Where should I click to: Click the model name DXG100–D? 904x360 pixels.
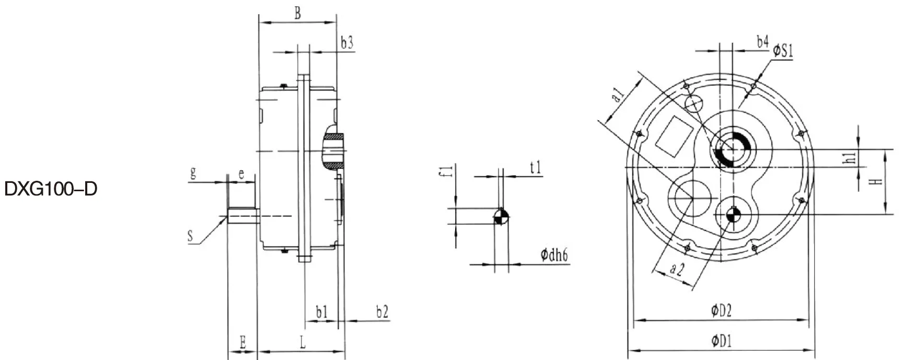pyautogui.click(x=51, y=190)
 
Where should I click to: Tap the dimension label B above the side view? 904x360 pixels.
pyautogui.click(x=297, y=14)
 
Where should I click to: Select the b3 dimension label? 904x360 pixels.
pyautogui.click(x=347, y=43)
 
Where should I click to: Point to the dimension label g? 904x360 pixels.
pyautogui.click(x=193, y=173)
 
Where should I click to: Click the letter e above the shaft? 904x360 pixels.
pyautogui.click(x=241, y=174)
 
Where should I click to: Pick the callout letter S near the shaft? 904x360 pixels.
pyautogui.click(x=190, y=237)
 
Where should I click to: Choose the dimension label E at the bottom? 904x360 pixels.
pyautogui.click(x=243, y=343)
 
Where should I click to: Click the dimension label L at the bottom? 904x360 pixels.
pyautogui.click(x=303, y=343)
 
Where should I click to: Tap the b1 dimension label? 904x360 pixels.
pyautogui.click(x=322, y=312)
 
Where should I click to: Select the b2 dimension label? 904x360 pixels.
pyautogui.click(x=382, y=312)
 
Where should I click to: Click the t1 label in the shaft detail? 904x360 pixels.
pyautogui.click(x=536, y=168)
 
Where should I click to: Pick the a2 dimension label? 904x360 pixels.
pyautogui.click(x=677, y=270)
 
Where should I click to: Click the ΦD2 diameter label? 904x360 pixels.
pyautogui.click(x=721, y=311)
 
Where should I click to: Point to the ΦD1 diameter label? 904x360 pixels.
pyautogui.click(x=721, y=342)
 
